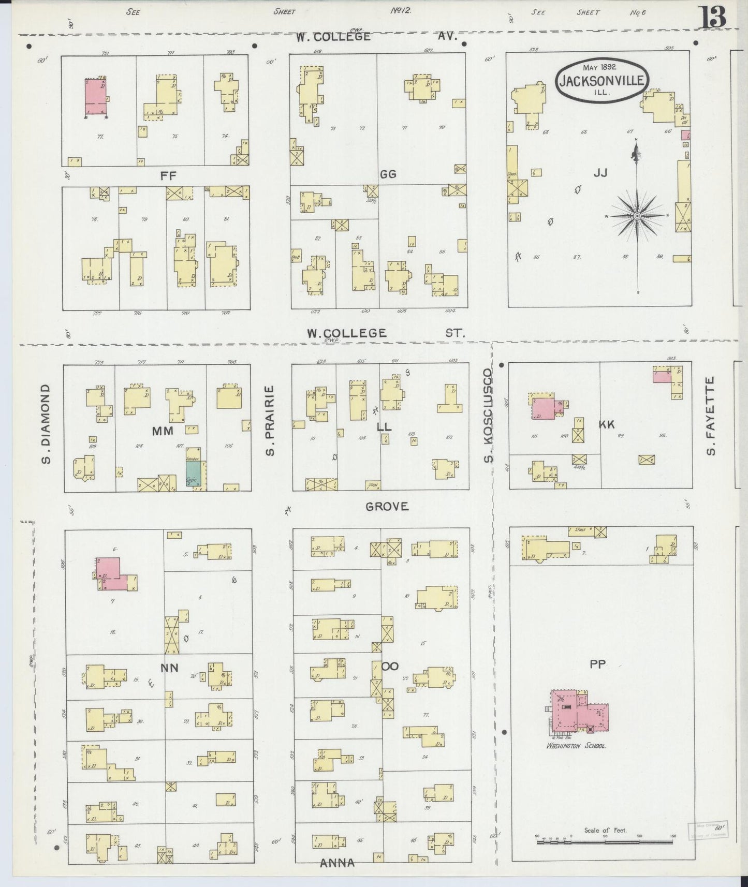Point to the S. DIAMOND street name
tap(47, 423)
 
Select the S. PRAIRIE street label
tap(270, 421)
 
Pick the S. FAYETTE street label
tap(711, 416)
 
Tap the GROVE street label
tap(387, 507)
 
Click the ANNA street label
tap(337, 863)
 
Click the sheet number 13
tap(714, 18)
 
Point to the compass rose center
tap(637, 215)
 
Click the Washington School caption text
tap(576, 746)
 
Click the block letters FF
tap(168, 176)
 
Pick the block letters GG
tap(388, 174)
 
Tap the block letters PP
tap(597, 664)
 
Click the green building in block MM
tap(193, 472)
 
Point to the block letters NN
tap(169, 668)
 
